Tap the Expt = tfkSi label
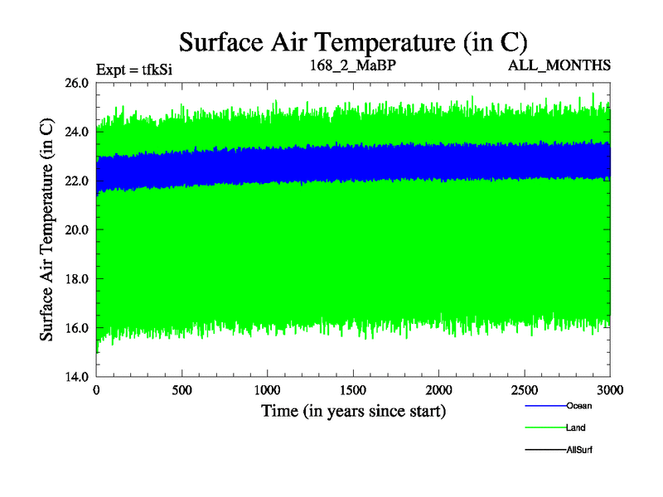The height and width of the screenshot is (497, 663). coord(133,69)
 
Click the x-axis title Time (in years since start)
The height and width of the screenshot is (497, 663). coord(354,411)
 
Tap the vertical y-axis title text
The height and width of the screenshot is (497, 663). coord(47,229)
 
